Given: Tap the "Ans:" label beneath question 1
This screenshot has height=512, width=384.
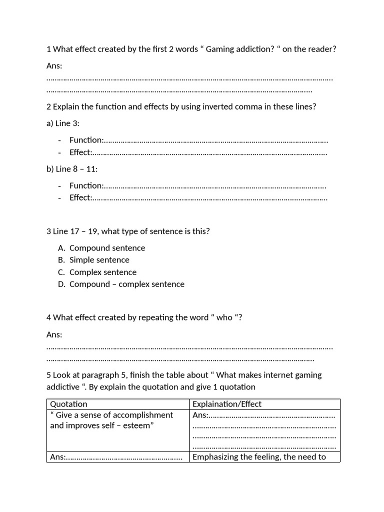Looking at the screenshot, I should click(54, 66).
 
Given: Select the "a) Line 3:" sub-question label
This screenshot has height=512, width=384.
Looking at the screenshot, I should click(63, 123).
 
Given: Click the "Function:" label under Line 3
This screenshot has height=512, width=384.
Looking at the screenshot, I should click(86, 140).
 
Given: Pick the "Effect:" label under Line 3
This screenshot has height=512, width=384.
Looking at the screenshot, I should click(80, 152).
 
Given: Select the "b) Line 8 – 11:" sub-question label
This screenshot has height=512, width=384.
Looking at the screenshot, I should click(72, 169).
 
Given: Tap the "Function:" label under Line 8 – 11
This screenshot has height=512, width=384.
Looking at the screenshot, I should click(86, 185).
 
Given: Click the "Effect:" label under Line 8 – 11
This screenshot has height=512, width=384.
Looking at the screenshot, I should click(80, 197).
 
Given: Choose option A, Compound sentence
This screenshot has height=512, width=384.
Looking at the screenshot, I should click(107, 248).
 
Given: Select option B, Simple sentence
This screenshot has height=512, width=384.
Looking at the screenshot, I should click(99, 260).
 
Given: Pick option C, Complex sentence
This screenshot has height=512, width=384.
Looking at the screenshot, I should click(102, 272).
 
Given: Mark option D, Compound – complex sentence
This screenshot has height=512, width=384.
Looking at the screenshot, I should click(126, 284).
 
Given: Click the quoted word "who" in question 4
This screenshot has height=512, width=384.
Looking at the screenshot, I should click(224, 317).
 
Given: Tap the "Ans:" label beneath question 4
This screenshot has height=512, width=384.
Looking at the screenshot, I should click(54, 334).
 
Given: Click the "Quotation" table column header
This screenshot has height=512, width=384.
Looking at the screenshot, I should click(68, 404).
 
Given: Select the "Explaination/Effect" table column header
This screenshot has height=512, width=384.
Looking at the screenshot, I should click(227, 404).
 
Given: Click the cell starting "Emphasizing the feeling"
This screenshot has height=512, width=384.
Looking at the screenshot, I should click(259, 456).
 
